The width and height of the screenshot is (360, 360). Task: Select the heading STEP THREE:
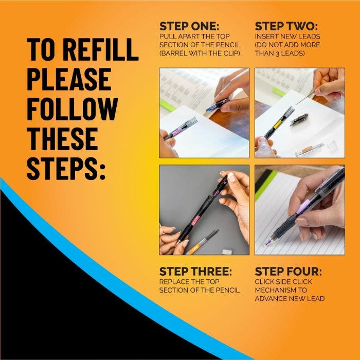(x=195, y=271)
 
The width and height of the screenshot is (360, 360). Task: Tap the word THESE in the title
(x=62, y=138)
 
